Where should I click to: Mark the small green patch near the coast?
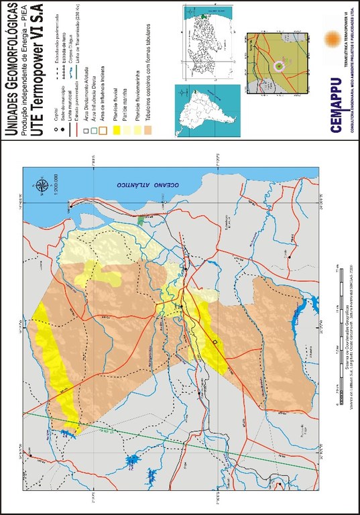(x=139, y=219)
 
